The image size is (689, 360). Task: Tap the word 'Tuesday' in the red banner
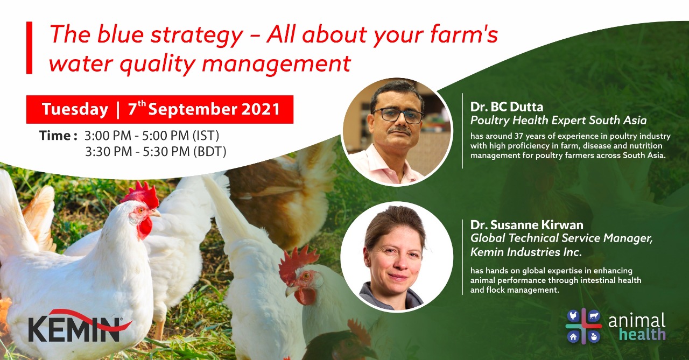point(75,109)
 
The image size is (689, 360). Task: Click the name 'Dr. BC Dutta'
point(507,107)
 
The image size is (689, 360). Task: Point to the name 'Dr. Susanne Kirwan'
point(526,225)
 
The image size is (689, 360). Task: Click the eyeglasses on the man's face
point(398,116)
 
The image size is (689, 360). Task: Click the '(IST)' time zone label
point(206,136)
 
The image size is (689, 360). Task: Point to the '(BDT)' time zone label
point(210,152)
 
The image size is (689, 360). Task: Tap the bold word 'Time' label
point(55,136)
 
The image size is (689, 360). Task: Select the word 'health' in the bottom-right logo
point(642,334)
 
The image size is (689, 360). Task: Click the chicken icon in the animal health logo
point(573,316)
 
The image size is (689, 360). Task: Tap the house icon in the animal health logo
point(573,337)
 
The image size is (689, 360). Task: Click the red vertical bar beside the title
point(29,48)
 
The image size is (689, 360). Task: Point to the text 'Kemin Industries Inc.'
point(526,252)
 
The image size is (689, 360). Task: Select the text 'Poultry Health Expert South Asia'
point(558,120)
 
